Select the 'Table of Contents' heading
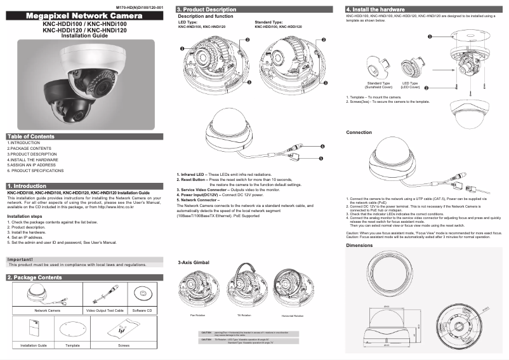(x=31, y=137)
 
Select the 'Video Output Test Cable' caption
(x=104, y=310)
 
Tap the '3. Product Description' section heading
(x=207, y=10)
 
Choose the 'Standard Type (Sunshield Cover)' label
(x=379, y=85)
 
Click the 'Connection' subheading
(x=359, y=132)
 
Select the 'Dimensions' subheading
(x=359, y=245)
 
